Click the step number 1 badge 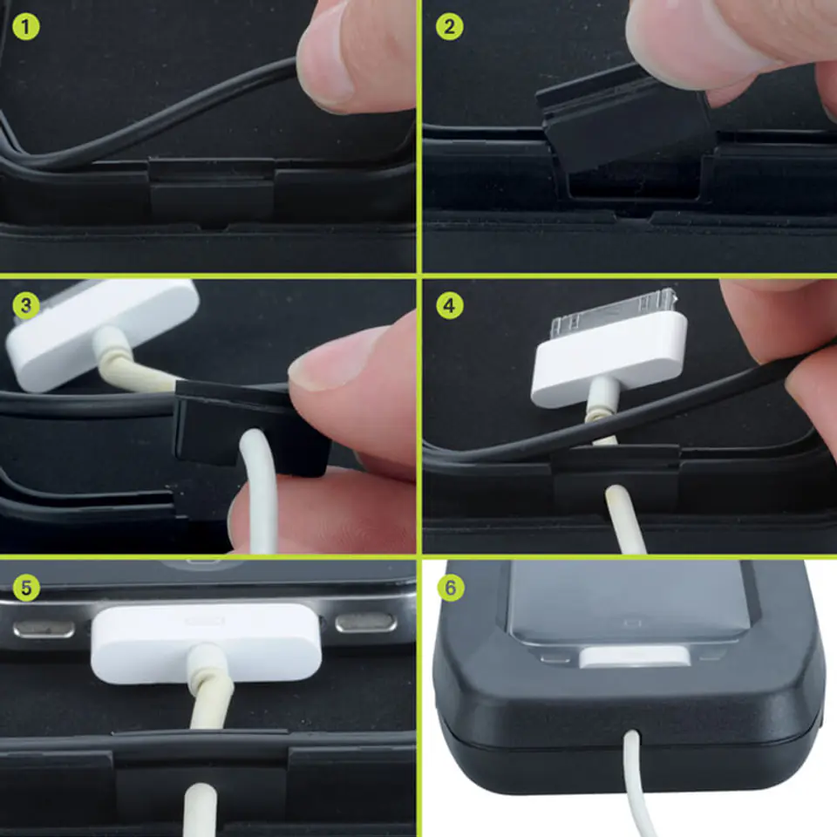pyautogui.click(x=25, y=27)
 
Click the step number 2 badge pyautogui.click(x=449, y=27)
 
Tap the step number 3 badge pyautogui.click(x=25, y=305)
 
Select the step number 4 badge pyautogui.click(x=450, y=305)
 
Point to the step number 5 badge pyautogui.click(x=25, y=588)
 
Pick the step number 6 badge pyautogui.click(x=450, y=588)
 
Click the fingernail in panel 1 pyautogui.click(x=325, y=64)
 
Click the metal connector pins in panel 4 pyautogui.click(x=614, y=307)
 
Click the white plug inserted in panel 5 pyautogui.click(x=206, y=643)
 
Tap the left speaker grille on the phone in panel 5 pyautogui.click(x=44, y=629)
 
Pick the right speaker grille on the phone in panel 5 pyautogui.click(x=366, y=623)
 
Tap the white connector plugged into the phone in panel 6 pyautogui.click(x=634, y=657)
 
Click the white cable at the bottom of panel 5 pyautogui.click(x=201, y=810)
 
